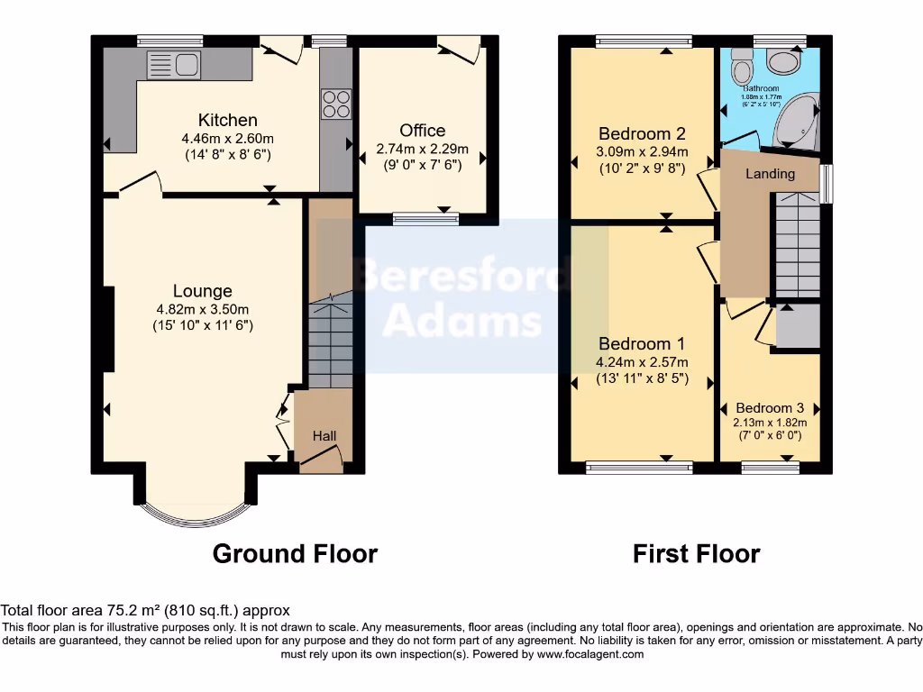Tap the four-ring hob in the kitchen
[x=335, y=104]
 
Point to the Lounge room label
[x=203, y=291]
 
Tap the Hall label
[x=324, y=436]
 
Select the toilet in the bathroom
[x=743, y=66]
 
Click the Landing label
[x=770, y=174]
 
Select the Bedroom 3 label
[x=769, y=407]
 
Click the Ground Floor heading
[x=295, y=553]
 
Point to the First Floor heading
[x=696, y=553]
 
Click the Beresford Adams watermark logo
[x=461, y=297]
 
